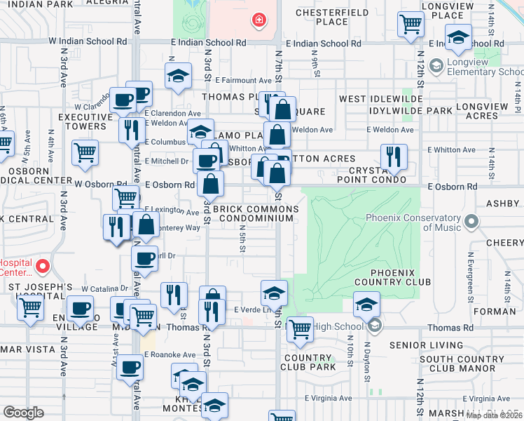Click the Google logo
(23, 413)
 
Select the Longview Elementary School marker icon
(436, 66)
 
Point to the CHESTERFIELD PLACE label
(332, 17)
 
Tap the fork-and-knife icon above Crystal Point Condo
(393, 156)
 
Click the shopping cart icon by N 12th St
(411, 25)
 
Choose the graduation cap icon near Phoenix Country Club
(365, 305)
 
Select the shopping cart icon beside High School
(300, 328)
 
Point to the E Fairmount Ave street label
(243, 81)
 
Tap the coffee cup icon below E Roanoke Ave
(129, 368)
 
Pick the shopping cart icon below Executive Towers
(85, 151)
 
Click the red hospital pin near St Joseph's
(42, 266)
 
